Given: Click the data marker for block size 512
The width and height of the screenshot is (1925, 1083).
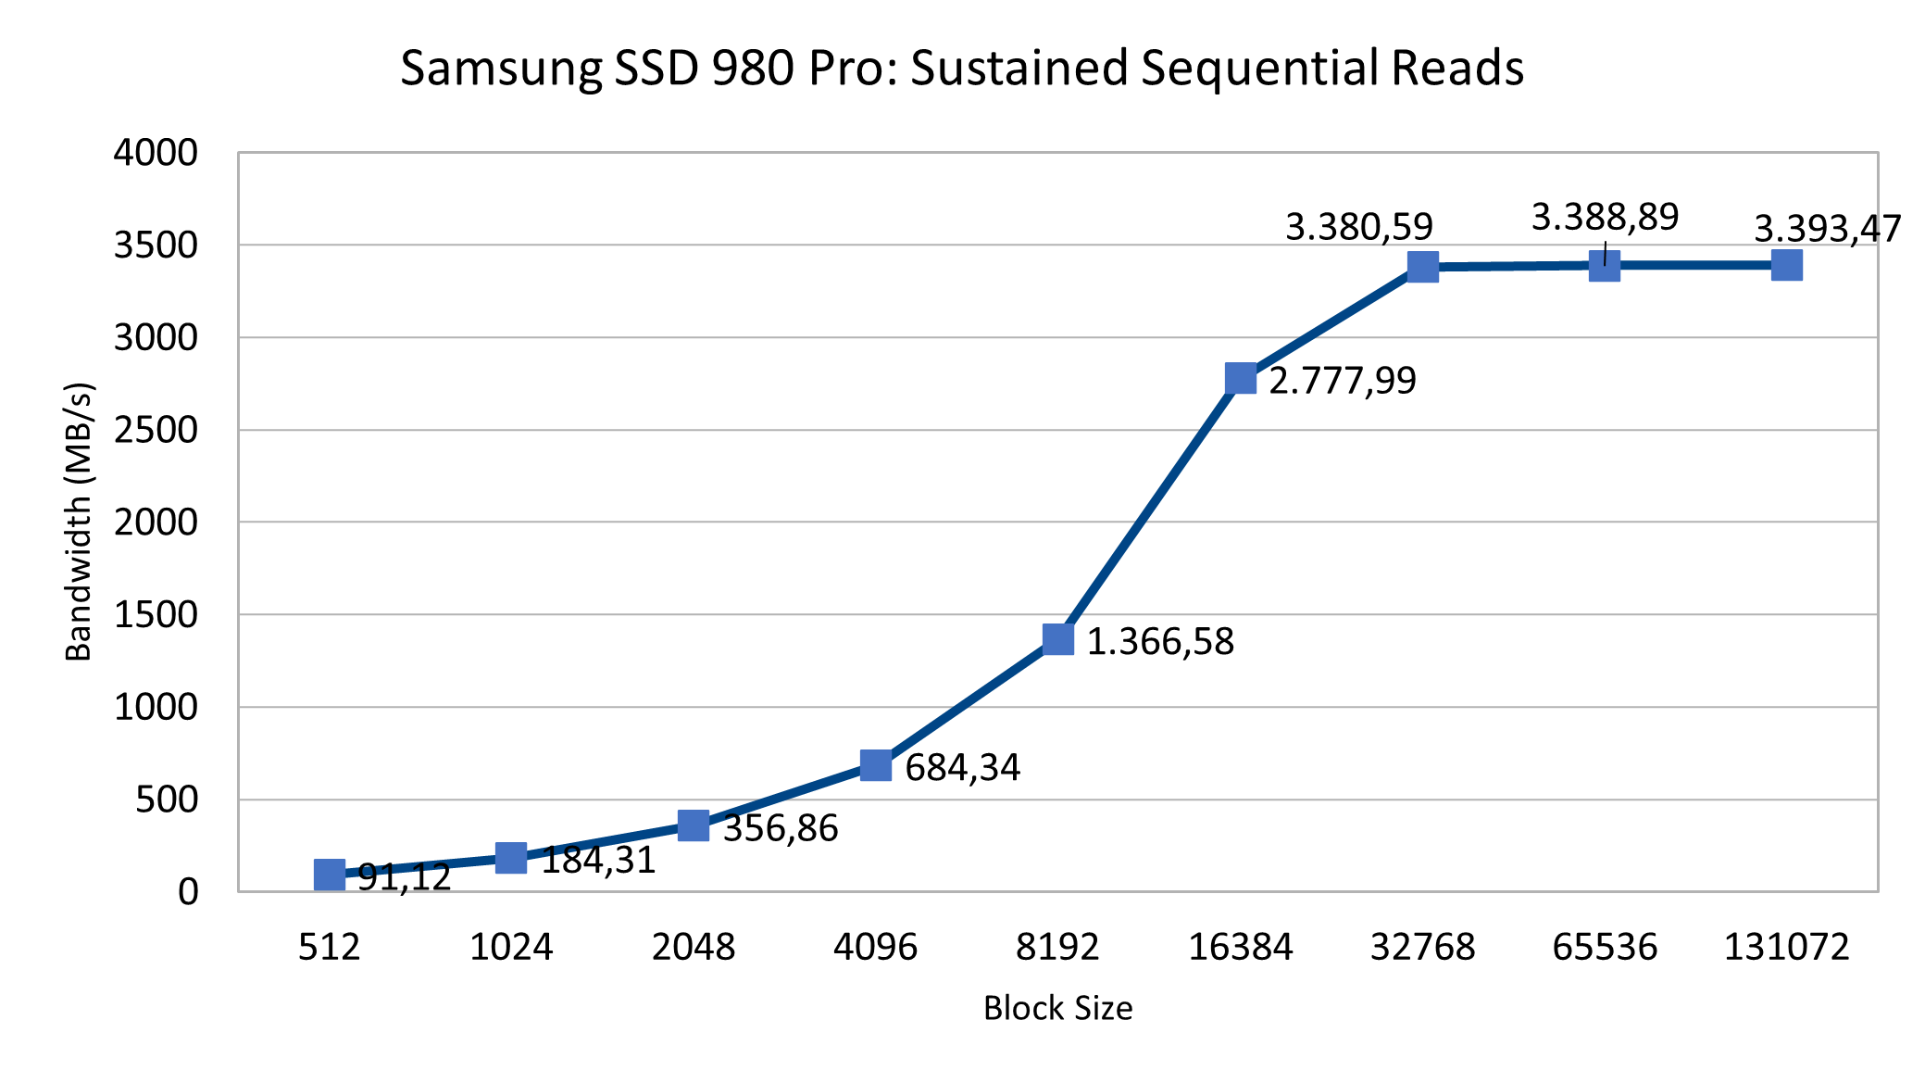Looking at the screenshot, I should pyautogui.click(x=330, y=875).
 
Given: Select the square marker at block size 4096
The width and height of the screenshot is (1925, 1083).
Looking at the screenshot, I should pyautogui.click(x=876, y=765).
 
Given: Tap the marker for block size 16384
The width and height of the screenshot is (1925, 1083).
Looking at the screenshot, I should pyautogui.click(x=1241, y=378).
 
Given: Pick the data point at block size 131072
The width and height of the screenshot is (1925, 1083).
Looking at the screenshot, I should pyautogui.click(x=1787, y=265).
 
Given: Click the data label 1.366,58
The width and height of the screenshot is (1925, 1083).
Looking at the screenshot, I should pyautogui.click(x=1160, y=641).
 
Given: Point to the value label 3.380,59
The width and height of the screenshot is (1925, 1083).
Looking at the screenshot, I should pyautogui.click(x=1358, y=227).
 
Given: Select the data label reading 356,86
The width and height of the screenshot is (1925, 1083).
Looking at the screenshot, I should pyautogui.click(x=781, y=828).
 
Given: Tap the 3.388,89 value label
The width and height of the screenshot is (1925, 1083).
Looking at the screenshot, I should pyautogui.click(x=1605, y=218).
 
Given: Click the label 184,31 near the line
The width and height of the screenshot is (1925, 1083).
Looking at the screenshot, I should pyautogui.click(x=598, y=861).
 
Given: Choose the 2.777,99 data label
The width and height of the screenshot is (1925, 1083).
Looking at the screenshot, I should pyautogui.click(x=1342, y=381).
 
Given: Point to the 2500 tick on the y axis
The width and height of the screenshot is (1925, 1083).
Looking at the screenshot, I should pyautogui.click(x=156, y=430).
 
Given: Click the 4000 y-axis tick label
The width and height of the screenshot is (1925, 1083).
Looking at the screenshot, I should pyautogui.click(x=156, y=153).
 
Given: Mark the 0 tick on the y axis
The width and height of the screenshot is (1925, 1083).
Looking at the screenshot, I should pyautogui.click(x=188, y=891).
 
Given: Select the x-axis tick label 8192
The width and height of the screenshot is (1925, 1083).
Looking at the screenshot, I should pyautogui.click(x=1057, y=947).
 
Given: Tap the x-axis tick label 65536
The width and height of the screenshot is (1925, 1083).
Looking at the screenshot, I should pyautogui.click(x=1605, y=947).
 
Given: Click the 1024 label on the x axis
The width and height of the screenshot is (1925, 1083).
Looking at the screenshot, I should pyautogui.click(x=511, y=947).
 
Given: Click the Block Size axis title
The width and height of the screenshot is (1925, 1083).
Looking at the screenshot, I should pyautogui.click(x=1057, y=1008).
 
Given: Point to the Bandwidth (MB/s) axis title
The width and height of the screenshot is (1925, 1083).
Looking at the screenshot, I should pyautogui.click(x=80, y=521).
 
